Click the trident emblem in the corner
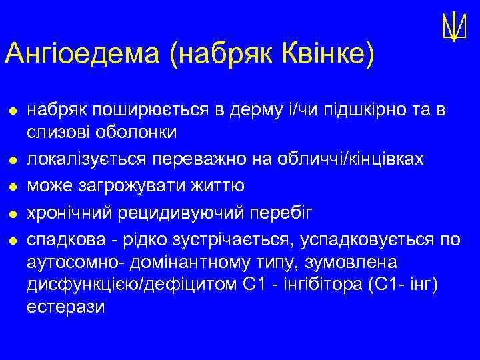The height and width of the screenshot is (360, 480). (x=453, y=27)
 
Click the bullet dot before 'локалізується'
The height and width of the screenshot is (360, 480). (x=12, y=160)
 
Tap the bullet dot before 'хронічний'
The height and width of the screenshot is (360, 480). (x=12, y=213)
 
